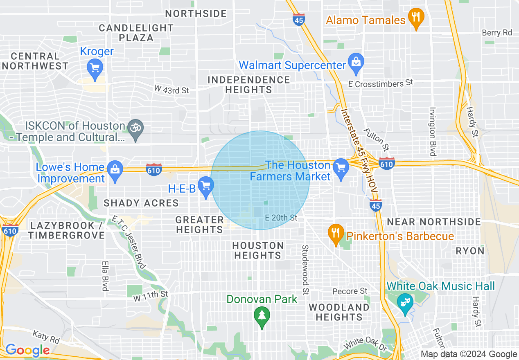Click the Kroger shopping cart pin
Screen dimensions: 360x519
(95, 68)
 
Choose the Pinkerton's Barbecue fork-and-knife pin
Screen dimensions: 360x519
(336, 234)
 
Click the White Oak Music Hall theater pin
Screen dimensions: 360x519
(405, 303)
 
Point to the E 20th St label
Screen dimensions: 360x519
(281, 218)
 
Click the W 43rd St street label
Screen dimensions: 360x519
(171, 89)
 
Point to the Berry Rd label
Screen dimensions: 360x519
(497, 32)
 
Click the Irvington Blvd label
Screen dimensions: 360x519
(432, 131)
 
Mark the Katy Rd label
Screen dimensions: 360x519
(46, 338)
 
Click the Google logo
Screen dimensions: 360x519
(27, 350)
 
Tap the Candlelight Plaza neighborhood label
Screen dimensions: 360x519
(136, 33)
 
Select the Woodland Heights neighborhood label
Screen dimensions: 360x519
(339, 312)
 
